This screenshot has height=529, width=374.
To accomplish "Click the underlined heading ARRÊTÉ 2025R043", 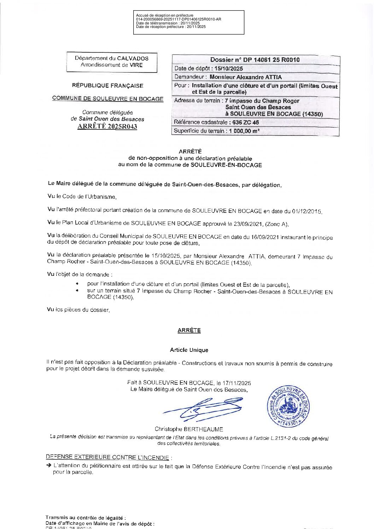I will (107, 127).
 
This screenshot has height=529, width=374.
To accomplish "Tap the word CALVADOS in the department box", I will (133, 58).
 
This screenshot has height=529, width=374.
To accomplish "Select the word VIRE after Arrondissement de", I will (136, 65).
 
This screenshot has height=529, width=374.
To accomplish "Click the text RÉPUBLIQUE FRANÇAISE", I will (107, 86).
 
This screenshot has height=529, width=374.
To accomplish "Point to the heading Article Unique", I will (189, 350).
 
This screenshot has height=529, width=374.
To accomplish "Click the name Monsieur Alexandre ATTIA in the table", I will (246, 77).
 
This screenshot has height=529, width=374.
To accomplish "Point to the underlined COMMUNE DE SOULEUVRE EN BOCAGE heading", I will (107, 99).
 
